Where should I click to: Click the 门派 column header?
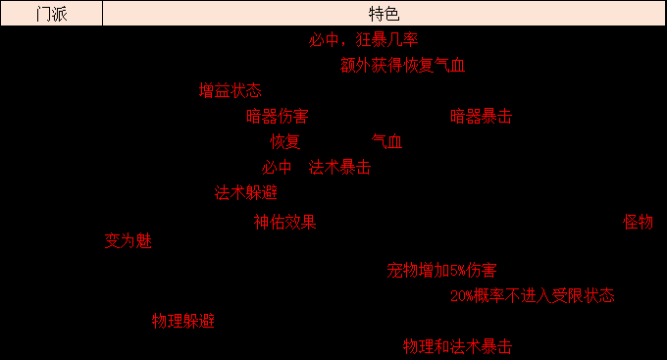pos(51,14)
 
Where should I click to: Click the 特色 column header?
pos(384,14)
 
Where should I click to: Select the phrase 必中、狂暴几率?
pos(363,40)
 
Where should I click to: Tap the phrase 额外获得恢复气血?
pos(402,66)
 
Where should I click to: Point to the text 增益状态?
pos(230,91)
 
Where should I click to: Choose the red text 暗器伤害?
pos(277,117)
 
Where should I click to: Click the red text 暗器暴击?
pos(481,117)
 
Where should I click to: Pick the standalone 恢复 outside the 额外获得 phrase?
pos(284,142)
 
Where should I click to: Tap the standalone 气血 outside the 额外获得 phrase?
pos(386,142)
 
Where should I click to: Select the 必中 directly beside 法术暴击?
pos(277,168)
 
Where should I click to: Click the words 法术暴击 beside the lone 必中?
pos(339,168)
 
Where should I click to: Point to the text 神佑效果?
pos(284,223)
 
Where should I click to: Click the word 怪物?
pos(638,223)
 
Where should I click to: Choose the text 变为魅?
pos(128,241)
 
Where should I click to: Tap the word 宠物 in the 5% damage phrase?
pos(402,270)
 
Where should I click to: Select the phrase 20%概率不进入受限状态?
pos(533,295)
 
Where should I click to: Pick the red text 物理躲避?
pos(182,321)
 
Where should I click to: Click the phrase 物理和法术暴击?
pos(457,346)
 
